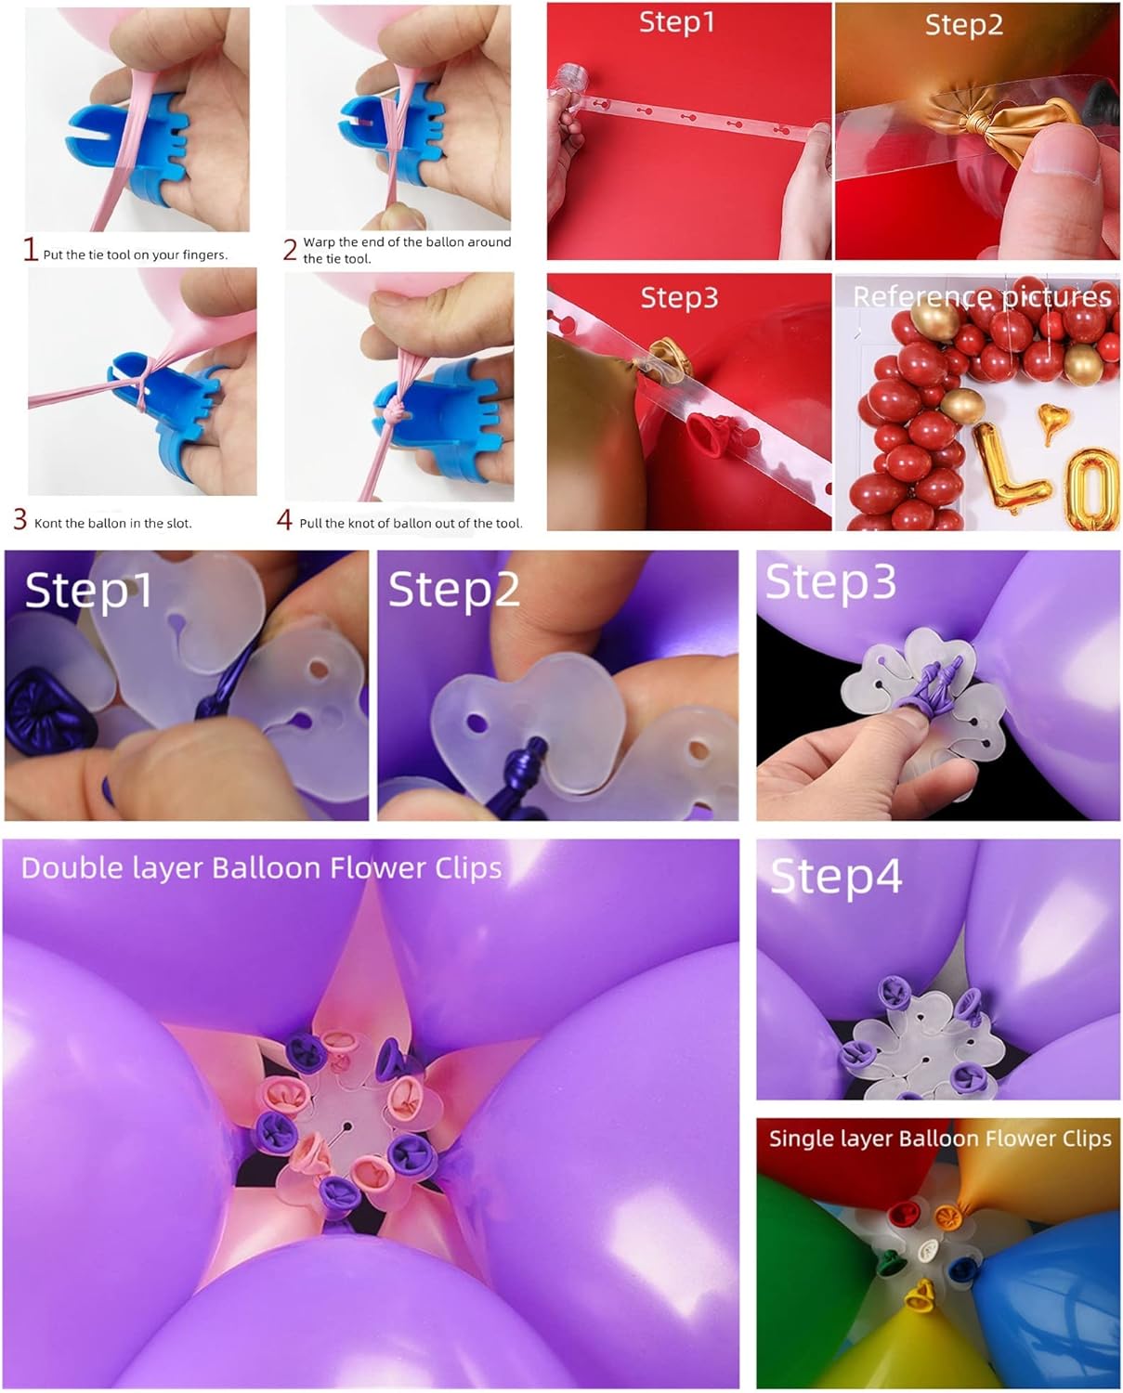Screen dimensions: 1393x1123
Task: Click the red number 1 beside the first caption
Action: [31, 250]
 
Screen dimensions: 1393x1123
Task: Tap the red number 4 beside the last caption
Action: [285, 520]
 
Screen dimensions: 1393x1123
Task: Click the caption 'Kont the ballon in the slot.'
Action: [112, 524]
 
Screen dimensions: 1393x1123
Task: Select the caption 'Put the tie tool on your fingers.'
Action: [135, 255]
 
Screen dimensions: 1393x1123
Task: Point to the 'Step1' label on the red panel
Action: [677, 22]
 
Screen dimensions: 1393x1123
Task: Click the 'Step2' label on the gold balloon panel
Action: [964, 25]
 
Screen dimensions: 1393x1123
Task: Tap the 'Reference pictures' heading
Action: [982, 297]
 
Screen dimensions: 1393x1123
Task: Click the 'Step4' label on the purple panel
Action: [836, 877]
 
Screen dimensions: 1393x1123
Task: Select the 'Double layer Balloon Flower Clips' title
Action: [261, 868]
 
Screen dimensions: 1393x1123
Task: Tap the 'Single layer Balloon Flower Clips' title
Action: [940, 1139]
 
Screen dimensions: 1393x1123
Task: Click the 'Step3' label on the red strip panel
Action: [679, 298]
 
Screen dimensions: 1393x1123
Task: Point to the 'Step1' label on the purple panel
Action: [87, 591]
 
